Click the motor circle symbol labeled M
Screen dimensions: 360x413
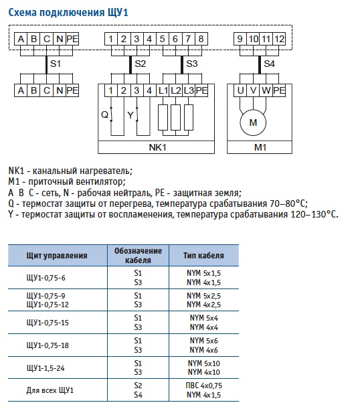pyautogui.click(x=253, y=122)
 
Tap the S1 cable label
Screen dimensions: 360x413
pyautogui.click(x=56, y=64)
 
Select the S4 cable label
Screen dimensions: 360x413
pyautogui.click(x=269, y=64)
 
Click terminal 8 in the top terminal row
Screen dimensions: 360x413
pyautogui.click(x=201, y=39)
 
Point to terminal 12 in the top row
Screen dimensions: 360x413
pyautogui.click(x=279, y=39)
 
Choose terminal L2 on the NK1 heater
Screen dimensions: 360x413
pyautogui.click(x=176, y=90)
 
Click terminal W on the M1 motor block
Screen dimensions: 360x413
pyautogui.click(x=266, y=90)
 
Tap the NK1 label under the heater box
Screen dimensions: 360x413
pyautogui.click(x=157, y=147)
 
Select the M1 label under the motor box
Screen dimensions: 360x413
pyautogui.click(x=260, y=147)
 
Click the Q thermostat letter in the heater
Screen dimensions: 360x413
pyautogui.click(x=104, y=114)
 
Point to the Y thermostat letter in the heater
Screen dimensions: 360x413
pyautogui.click(x=130, y=115)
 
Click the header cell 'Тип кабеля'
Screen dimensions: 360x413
pyautogui.click(x=203, y=256)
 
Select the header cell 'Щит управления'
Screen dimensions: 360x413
pyautogui.click(x=57, y=256)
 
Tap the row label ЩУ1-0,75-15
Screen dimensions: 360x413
pyautogui.click(x=48, y=323)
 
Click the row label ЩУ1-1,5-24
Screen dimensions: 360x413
pyautogui.click(x=46, y=368)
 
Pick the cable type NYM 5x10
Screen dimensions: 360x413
pyautogui.click(x=204, y=363)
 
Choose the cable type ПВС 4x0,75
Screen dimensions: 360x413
pyautogui.click(x=204, y=386)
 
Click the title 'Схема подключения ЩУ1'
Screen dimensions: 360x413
pyautogui.click(x=68, y=12)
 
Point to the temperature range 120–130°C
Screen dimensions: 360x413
pyautogui.click(x=314, y=214)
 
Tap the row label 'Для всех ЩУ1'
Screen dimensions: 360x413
pyautogui.click(x=50, y=390)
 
